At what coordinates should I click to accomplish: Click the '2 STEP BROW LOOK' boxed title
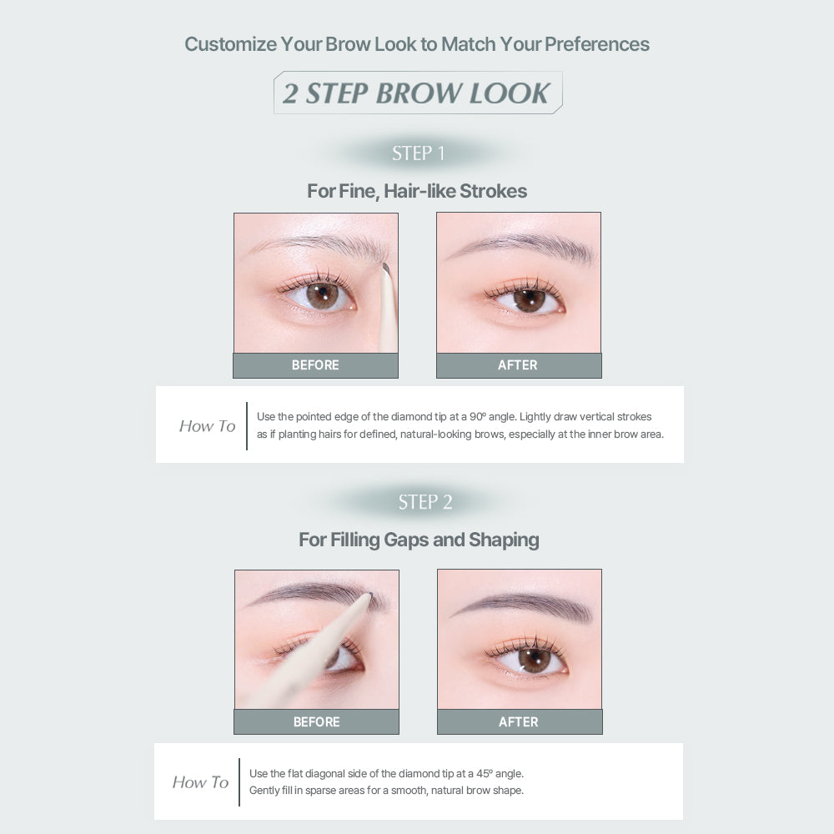pos(418,93)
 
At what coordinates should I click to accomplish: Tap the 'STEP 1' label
pos(418,153)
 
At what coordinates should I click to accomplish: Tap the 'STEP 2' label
pos(425,501)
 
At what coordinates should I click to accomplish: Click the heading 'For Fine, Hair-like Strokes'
pos(417,191)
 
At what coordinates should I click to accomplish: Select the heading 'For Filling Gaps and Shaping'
pos(419,540)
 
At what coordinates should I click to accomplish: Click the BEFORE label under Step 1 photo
pos(315,365)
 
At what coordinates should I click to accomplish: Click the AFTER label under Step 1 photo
pos(518,365)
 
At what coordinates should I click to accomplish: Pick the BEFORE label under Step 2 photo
pos(316,721)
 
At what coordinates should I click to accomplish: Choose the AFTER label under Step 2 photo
pos(519,721)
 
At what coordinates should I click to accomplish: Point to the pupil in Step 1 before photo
pos(322,293)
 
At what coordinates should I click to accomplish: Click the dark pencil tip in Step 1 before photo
pos(386,269)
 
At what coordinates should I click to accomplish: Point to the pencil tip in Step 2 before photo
pos(368,596)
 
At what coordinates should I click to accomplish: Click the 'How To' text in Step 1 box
pos(207,426)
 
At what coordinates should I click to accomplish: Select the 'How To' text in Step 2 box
pos(200,782)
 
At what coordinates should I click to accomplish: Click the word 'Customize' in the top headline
pos(231,44)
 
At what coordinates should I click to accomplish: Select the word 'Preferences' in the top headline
pos(597,44)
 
